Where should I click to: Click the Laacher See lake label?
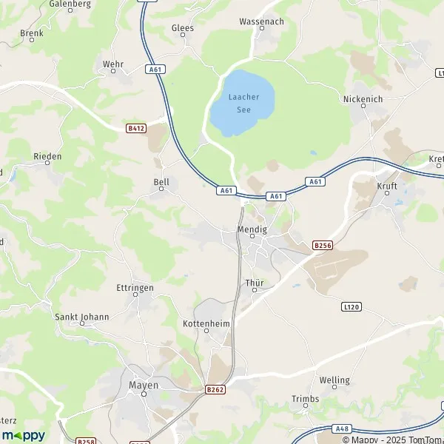[243, 103]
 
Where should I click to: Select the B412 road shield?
[135, 128]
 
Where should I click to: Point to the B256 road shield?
[322, 244]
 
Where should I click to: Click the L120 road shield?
[350, 306]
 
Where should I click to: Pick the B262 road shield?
[215, 388]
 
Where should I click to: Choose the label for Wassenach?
[261, 21]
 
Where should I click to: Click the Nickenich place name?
[362, 98]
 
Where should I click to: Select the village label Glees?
[182, 28]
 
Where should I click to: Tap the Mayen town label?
[144, 385]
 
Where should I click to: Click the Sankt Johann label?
[82, 317]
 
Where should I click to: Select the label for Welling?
[334, 380]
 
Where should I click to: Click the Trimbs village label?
[305, 399]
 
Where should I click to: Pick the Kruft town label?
[387, 186]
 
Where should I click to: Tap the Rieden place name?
[47, 157]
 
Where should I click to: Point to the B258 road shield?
[85, 440]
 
